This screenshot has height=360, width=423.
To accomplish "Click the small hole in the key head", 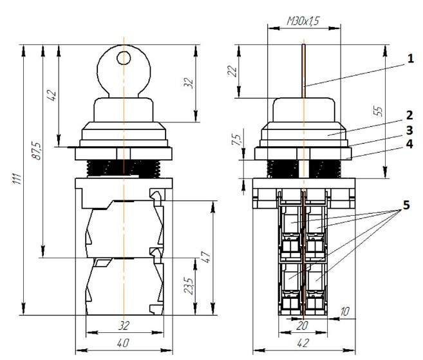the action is click(124, 58).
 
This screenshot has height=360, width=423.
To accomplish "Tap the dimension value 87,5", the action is click(37, 151).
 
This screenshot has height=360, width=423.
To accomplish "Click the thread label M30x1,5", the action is click(303, 21).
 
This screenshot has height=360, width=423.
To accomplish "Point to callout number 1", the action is click(410, 59).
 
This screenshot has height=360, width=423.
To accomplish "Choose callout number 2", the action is click(409, 115).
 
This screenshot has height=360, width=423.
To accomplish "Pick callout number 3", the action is click(409, 130).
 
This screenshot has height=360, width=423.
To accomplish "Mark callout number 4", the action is click(409, 144).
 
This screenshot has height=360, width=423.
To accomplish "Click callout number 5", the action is click(406, 205).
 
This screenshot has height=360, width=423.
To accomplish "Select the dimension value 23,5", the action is click(189, 285).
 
